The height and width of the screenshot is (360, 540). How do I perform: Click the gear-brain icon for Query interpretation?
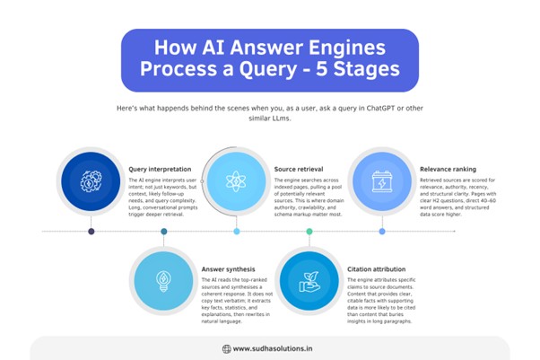(x=91, y=182)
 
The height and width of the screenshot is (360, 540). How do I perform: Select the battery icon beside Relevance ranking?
(x=381, y=182)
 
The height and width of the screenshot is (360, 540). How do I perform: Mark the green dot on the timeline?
(x=309, y=232)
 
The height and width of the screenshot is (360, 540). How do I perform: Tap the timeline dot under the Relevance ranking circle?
(x=382, y=232)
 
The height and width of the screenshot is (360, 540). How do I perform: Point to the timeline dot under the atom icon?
(x=237, y=232)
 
